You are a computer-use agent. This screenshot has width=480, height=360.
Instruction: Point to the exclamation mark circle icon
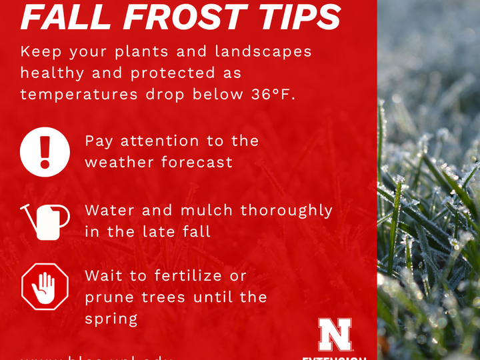45,151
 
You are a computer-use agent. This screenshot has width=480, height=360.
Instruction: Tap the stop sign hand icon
45,286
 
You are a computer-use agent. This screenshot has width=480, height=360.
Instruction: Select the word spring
111,319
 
